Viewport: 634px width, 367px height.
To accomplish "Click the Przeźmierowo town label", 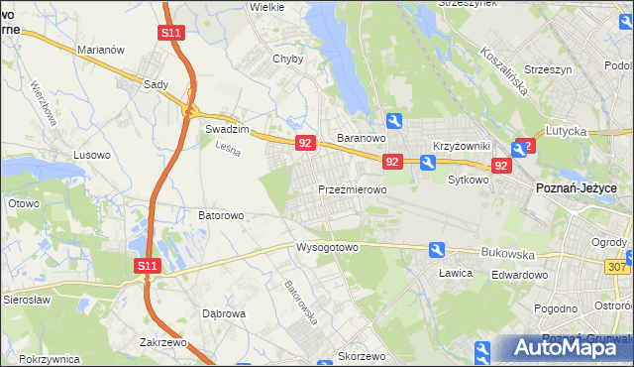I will pyautogui.click(x=352, y=188).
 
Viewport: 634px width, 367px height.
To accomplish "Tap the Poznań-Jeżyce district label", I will pyautogui.click(x=577, y=187).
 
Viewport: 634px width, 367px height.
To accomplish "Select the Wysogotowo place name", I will pyautogui.click(x=326, y=247).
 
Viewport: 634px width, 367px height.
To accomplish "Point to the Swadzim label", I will pyautogui.click(x=225, y=129).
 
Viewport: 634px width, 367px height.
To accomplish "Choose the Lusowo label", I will pyautogui.click(x=92, y=155).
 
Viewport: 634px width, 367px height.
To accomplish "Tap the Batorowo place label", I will pyautogui.click(x=221, y=214).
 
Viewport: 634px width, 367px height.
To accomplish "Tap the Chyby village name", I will pyautogui.click(x=287, y=59).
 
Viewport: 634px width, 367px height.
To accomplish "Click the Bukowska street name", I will pyautogui.click(x=507, y=253).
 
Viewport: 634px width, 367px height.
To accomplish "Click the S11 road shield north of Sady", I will pyautogui.click(x=170, y=33).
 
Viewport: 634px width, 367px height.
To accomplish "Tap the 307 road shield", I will pyautogui.click(x=617, y=266).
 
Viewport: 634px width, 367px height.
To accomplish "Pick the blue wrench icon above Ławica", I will pyautogui.click(x=436, y=250).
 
